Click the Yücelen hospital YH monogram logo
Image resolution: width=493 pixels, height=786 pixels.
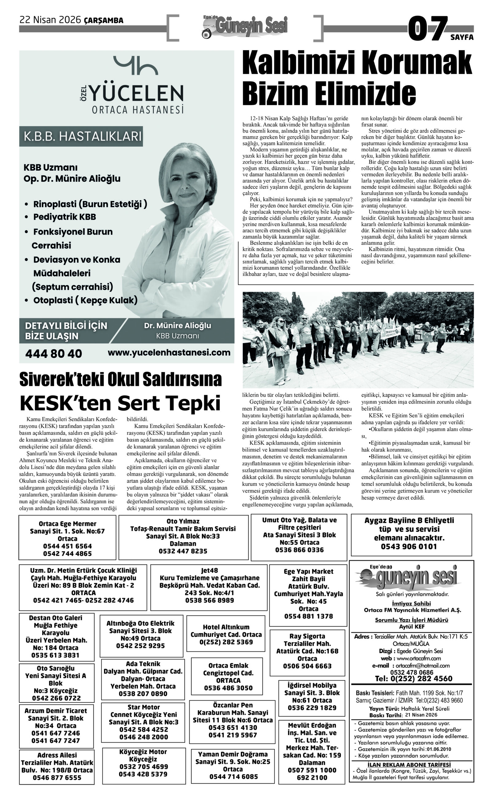pos(135,65)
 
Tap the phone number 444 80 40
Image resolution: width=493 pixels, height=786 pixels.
pos(53,354)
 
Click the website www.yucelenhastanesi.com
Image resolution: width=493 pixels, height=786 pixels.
pos(169,352)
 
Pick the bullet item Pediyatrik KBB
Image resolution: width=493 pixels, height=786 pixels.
pos(65,217)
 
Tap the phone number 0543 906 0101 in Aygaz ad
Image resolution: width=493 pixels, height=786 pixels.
pos(409,547)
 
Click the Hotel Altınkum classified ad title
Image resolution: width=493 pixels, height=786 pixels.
pos(226,627)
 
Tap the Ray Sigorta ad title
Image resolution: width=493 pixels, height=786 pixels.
pos(307,636)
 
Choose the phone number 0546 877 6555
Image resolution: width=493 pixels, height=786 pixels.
pos(57,777)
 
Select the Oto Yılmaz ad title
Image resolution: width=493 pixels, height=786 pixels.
pos(183,521)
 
